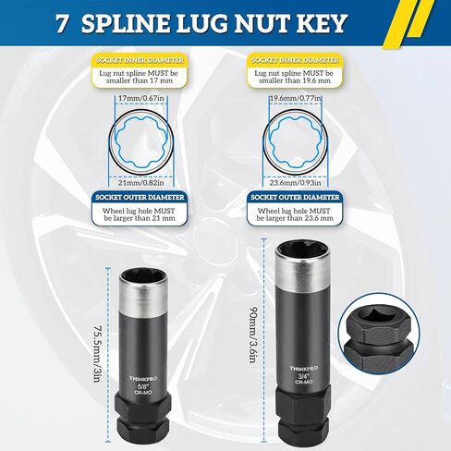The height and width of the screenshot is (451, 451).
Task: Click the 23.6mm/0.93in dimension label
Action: point(294,183)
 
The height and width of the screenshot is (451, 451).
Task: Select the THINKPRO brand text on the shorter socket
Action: point(140,376)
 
